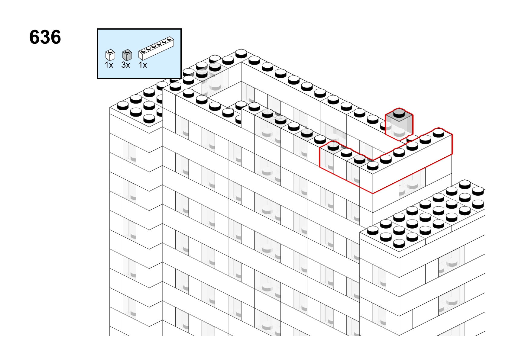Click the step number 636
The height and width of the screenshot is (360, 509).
(45, 37)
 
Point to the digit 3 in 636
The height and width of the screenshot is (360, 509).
(45, 37)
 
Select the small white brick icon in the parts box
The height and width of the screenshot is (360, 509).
(110, 55)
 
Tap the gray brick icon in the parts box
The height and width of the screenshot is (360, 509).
(127, 55)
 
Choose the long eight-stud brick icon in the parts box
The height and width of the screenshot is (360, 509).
(156, 48)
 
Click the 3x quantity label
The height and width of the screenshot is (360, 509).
(126, 65)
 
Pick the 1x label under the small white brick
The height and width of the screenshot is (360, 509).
(109, 65)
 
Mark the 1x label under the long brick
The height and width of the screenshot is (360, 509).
(143, 65)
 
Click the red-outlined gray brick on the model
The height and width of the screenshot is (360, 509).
(399, 124)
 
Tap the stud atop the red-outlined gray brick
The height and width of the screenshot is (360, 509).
(399, 113)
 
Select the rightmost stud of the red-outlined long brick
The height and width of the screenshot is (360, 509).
(439, 133)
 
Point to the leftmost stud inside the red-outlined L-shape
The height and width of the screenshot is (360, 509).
(333, 146)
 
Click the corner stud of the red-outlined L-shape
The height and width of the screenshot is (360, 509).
(373, 166)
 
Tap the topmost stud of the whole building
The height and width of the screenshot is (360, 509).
(241, 53)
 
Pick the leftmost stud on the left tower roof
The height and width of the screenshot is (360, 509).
(123, 105)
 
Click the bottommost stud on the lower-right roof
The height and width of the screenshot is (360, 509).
(399, 243)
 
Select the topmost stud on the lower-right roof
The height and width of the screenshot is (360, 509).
(465, 184)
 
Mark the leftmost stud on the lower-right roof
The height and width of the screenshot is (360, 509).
(373, 230)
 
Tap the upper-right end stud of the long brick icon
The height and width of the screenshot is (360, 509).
(169, 39)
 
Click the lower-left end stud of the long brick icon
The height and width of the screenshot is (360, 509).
(143, 50)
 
